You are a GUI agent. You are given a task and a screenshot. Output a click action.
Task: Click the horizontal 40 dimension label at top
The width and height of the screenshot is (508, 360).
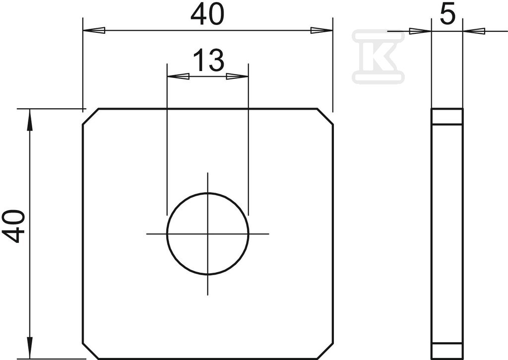click(207, 15)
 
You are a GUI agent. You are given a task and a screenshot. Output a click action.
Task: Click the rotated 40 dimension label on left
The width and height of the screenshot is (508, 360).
click(13, 226)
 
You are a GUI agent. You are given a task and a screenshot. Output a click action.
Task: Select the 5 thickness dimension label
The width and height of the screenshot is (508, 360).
click(448, 14)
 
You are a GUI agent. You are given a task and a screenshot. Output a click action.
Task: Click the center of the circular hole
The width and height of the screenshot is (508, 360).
click(208, 233)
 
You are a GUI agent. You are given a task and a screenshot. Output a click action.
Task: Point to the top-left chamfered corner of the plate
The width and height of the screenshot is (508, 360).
click(91, 116)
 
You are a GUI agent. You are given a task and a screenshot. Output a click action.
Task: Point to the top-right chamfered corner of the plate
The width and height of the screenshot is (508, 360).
click(325, 116)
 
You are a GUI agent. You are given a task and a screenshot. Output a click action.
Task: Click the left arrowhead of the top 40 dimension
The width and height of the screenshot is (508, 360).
click(94, 30)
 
